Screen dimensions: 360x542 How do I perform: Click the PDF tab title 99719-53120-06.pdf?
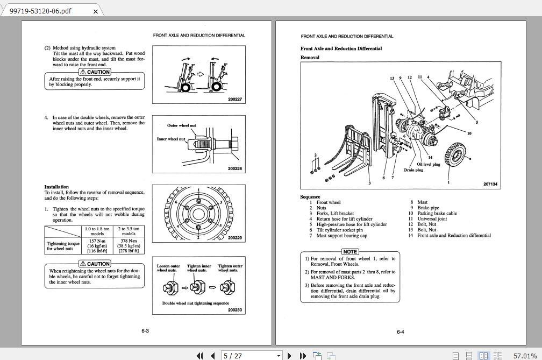40,11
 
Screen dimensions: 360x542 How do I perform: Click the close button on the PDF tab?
96,11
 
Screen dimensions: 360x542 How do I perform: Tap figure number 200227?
234,99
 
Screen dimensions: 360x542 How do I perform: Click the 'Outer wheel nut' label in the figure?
181,125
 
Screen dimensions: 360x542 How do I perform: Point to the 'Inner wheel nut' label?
170,139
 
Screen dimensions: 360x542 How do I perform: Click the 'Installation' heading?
56,187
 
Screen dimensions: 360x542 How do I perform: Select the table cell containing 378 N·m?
129,241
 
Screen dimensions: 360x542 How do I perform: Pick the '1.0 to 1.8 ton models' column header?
97,231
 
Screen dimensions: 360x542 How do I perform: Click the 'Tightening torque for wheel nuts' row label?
63,246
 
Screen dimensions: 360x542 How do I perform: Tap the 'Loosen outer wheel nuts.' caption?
168,268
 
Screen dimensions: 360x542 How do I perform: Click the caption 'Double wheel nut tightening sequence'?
196,303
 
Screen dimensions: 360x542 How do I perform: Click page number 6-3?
145,331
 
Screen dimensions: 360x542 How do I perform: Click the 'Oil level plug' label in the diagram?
428,165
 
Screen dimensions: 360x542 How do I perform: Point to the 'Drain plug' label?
413,170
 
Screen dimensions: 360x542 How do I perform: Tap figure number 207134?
490,184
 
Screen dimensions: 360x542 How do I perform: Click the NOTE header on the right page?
350,252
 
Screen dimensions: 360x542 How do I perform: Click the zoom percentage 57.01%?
525,355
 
